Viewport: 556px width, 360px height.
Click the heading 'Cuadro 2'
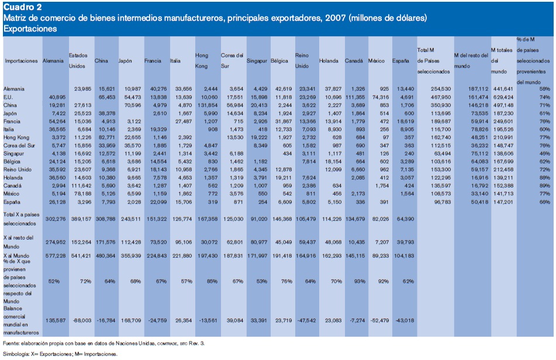22,7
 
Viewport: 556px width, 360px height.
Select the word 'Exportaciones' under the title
30,28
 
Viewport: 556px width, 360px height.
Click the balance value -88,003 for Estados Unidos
81,320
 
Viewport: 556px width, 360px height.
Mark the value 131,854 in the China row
206,104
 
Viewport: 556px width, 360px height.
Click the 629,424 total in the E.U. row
503,96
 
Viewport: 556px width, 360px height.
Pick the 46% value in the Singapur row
545,152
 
